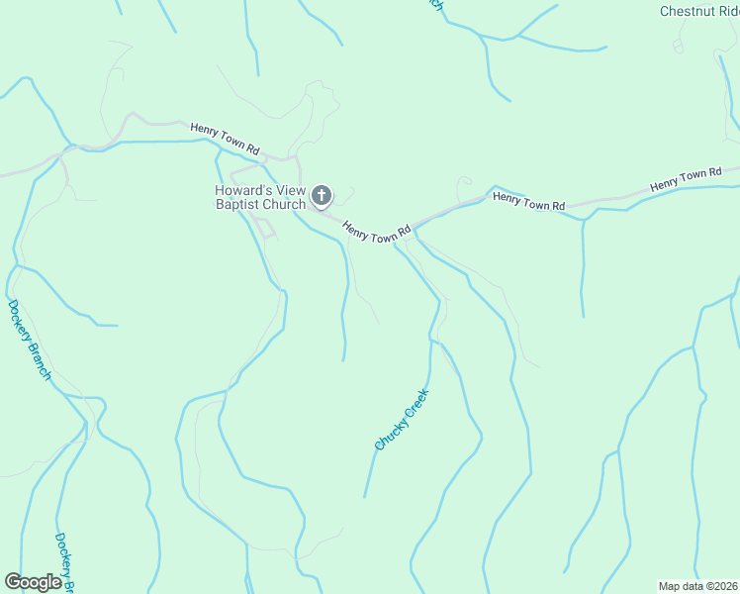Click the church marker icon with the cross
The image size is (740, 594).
pos(322,196)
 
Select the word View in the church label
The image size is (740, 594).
pos(287,191)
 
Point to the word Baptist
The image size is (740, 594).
pos(238,205)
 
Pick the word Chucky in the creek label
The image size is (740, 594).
pos(387,432)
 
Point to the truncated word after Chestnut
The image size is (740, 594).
pos(729,12)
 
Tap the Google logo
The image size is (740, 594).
pos(34,582)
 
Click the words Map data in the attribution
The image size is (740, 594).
pos(678,586)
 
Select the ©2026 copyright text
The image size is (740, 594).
pos(719,586)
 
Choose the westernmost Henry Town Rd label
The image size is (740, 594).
pos(225,138)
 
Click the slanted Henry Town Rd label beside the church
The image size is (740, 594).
pos(376,231)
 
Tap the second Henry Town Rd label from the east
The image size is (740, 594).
pos(528,201)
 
